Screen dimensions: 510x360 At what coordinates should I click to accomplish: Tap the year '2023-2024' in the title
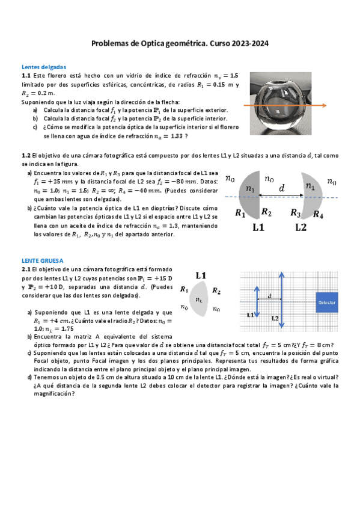tap(248, 43)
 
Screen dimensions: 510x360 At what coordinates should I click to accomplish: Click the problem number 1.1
tap(26, 76)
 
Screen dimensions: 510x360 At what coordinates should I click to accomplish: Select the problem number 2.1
tap(26, 270)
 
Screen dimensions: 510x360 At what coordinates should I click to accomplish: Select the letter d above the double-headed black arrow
tap(282, 188)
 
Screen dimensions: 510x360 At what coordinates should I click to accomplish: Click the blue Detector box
tap(327, 302)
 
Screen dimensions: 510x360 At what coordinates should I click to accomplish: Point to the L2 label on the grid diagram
tap(275, 318)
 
